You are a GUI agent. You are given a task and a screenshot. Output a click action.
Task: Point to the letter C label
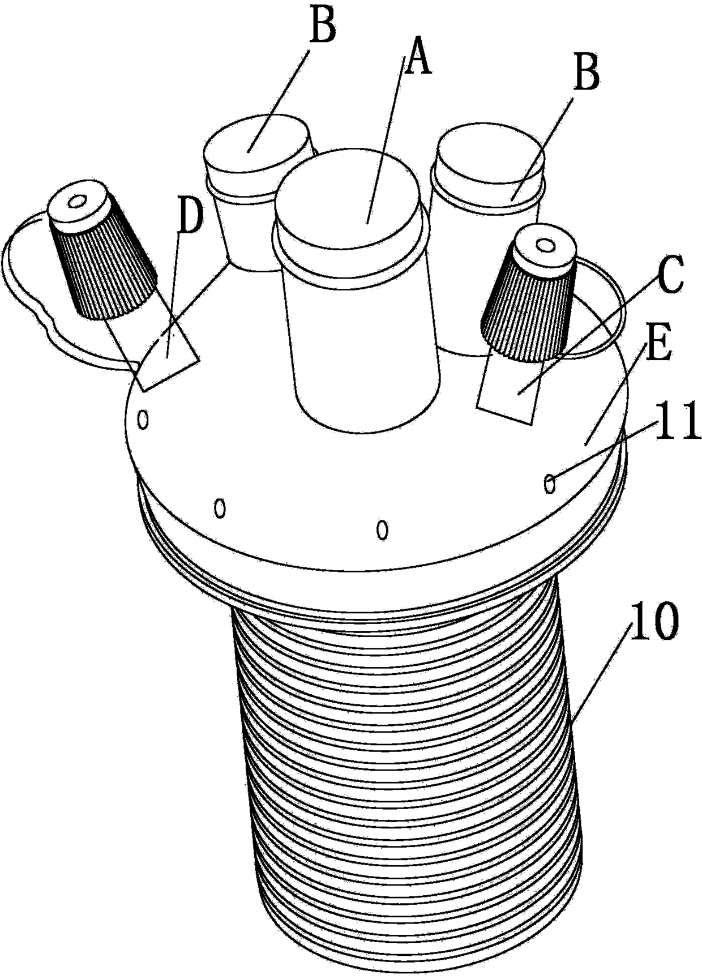pos(670,275)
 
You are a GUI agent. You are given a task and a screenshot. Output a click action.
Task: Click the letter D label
pos(190,217)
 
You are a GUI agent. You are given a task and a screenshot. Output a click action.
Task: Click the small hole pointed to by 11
pos(549,484)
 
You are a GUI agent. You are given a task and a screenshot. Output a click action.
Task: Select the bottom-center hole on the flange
pos(383,530)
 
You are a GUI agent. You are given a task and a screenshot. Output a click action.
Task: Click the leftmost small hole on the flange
pos(143,420)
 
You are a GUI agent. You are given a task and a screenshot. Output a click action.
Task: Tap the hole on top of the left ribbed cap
pos(76,202)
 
